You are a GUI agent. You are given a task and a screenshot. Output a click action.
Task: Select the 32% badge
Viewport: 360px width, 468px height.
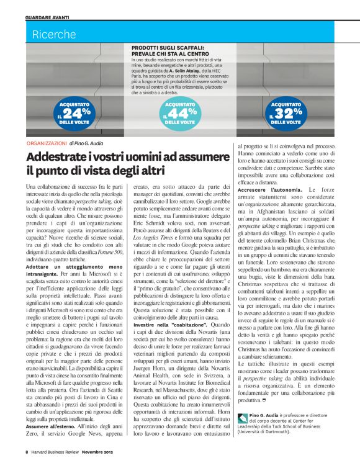286,113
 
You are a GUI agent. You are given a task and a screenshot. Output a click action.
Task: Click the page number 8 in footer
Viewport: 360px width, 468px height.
27,452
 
